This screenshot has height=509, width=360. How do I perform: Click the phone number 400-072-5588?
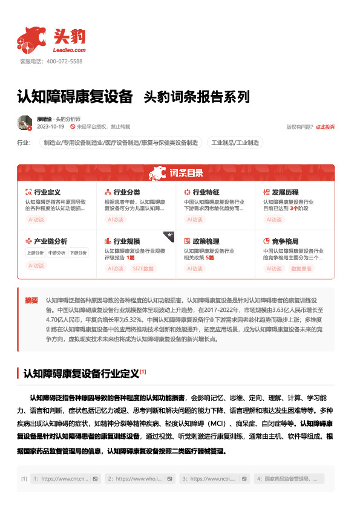64,62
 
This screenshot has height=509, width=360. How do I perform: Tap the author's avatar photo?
25,123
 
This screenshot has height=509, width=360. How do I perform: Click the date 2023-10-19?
51,127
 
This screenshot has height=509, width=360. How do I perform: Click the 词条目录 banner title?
186,174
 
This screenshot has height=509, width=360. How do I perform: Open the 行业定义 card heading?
47,192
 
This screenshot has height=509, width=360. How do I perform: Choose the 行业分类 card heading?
126,192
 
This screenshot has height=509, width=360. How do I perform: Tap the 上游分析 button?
36,253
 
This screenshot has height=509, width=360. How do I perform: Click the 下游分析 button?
78,253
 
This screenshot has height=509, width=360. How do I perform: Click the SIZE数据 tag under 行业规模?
143,267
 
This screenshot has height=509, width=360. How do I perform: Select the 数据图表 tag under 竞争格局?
303,267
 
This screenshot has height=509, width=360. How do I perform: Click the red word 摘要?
31,300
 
